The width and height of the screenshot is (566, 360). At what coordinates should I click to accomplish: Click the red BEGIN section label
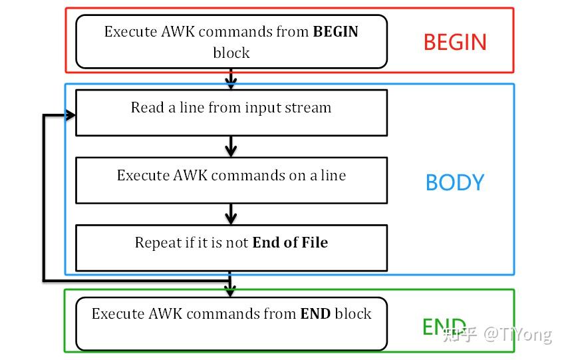click(455, 42)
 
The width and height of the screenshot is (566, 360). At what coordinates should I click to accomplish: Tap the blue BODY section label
click(455, 182)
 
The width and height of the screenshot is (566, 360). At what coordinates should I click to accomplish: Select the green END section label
click(444, 326)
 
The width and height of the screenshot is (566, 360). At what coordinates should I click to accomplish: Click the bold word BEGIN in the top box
click(335, 31)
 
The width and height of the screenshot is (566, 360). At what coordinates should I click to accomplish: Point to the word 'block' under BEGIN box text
click(231, 53)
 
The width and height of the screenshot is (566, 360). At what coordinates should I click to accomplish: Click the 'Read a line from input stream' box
click(231, 113)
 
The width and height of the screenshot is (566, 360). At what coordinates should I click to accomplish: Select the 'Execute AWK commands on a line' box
click(231, 180)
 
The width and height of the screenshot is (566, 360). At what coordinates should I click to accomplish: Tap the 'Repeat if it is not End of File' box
click(231, 248)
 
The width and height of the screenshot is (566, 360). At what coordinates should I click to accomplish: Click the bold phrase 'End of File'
click(289, 242)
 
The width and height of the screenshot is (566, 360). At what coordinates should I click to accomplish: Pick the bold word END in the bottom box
click(315, 313)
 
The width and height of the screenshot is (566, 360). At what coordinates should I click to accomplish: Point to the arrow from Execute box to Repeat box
click(231, 214)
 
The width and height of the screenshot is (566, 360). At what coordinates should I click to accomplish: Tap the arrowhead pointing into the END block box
click(231, 291)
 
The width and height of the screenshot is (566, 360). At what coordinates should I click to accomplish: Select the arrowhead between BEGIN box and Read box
click(231, 83)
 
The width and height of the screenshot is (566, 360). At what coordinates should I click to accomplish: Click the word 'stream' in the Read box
click(309, 107)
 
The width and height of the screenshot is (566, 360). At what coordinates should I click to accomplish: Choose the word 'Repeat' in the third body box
click(158, 242)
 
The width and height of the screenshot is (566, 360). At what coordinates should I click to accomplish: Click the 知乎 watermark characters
click(459, 333)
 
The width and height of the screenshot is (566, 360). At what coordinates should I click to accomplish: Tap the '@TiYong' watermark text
click(517, 333)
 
